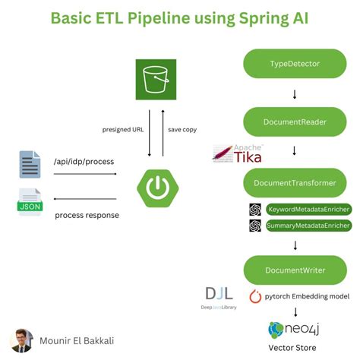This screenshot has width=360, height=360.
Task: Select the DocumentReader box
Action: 295,122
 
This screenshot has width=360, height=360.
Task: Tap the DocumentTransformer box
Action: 295,183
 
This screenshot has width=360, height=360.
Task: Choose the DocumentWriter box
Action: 295,270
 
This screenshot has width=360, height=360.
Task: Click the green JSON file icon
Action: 30,204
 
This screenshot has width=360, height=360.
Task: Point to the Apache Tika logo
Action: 238,154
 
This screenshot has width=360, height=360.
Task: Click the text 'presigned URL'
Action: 123,130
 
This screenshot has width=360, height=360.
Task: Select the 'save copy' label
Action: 182,130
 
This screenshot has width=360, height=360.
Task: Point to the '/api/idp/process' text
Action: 84,161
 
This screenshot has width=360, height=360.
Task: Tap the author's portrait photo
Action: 22,339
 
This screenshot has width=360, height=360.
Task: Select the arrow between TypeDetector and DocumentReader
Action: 295,93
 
